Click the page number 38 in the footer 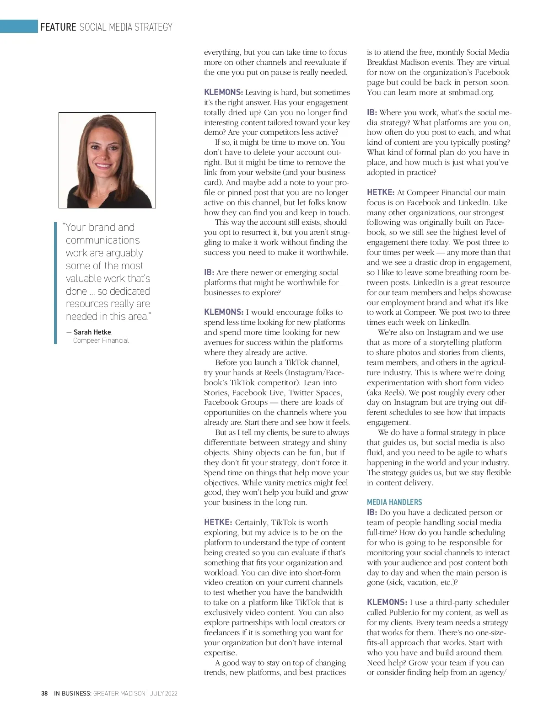[44, 693]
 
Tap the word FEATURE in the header [58, 27]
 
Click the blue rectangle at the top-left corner [19, 27]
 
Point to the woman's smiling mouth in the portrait [103, 167]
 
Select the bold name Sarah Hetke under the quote [92, 332]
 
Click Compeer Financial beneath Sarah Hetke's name [101, 340]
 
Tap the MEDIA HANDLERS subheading [394, 502]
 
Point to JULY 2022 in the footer [164, 693]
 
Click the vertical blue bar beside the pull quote [55, 283]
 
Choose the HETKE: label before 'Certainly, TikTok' [218, 522]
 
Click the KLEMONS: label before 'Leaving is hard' [224, 92]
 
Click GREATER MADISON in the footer [119, 693]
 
